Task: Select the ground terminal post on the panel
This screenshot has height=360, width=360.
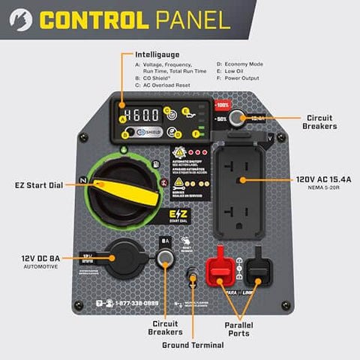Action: [194, 278]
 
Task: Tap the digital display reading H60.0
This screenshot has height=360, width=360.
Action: [141, 115]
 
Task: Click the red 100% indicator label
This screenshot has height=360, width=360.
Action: [223, 106]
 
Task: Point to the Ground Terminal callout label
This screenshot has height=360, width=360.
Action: [193, 345]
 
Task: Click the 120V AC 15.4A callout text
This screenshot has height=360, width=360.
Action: [322, 180]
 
